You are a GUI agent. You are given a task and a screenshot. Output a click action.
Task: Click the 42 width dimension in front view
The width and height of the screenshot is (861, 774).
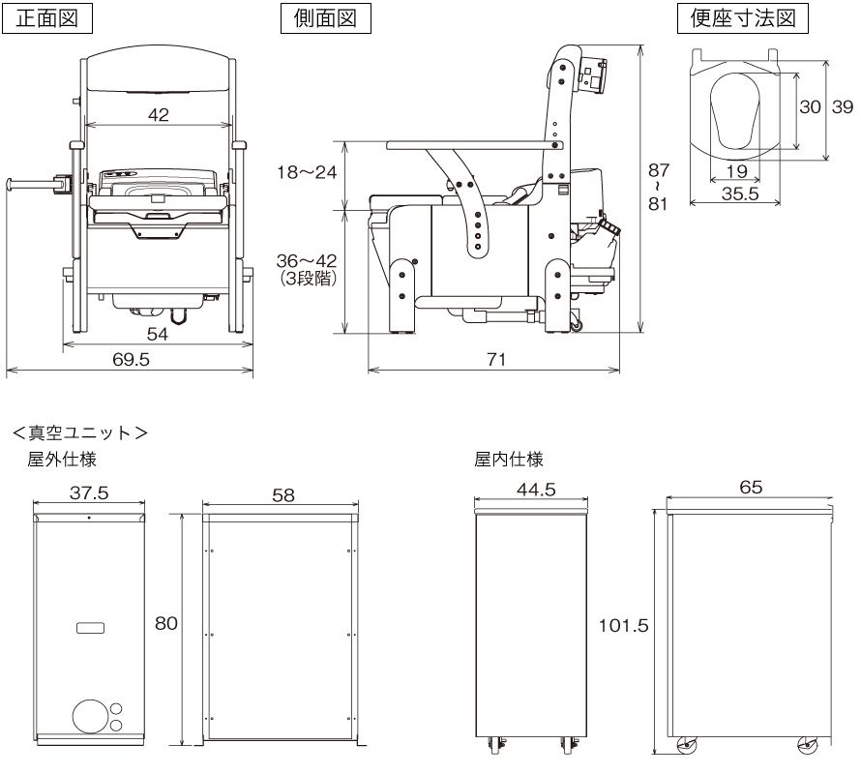(x=159, y=114)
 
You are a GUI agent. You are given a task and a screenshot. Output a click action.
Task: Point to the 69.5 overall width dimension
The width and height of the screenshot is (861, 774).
(x=131, y=359)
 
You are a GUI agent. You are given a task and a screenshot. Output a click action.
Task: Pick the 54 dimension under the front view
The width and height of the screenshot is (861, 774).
(x=158, y=333)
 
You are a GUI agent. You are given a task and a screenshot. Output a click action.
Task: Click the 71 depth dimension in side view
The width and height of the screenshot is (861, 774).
(x=495, y=359)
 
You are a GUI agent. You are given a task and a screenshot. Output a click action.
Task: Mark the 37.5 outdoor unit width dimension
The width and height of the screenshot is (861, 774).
(x=90, y=492)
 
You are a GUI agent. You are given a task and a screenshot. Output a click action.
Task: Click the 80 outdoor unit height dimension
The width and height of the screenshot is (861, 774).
(x=166, y=623)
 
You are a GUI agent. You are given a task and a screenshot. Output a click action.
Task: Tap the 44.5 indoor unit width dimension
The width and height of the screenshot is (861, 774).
(x=535, y=490)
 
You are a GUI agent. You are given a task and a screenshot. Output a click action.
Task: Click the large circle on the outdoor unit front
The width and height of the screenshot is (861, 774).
(x=90, y=717)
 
